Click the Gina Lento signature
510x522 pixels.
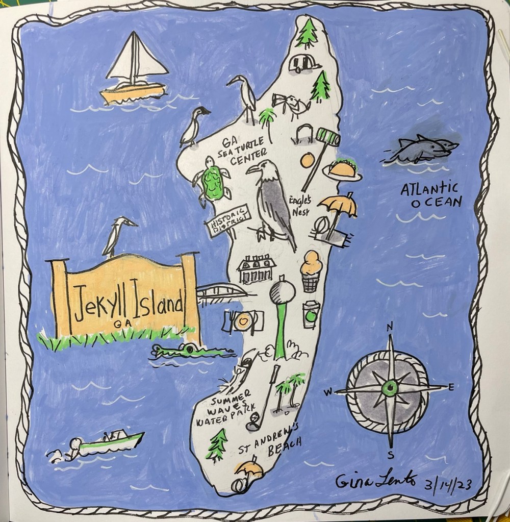376,480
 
